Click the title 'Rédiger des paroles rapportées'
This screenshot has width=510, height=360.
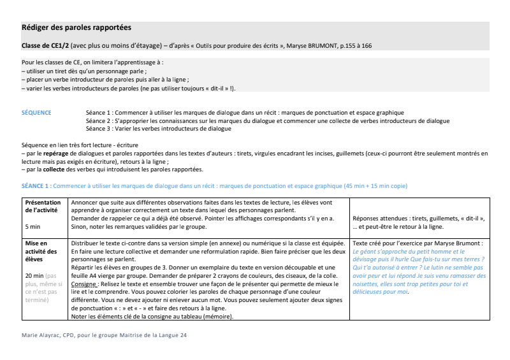coord(76,28)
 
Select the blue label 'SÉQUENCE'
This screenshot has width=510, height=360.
coord(36,113)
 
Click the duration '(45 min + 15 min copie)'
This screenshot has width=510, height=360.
coord(379,185)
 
